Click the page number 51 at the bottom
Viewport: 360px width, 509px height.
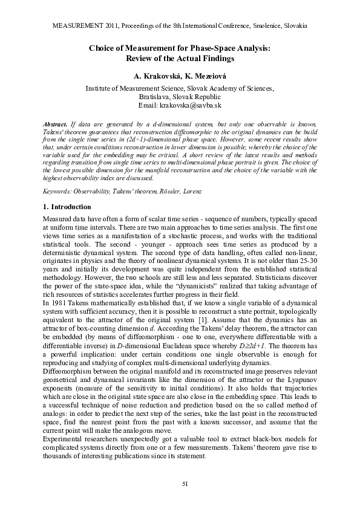[x=180, y=484]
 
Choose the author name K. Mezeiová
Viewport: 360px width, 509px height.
[x=203, y=77]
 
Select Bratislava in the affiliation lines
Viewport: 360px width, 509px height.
[x=155, y=97]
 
